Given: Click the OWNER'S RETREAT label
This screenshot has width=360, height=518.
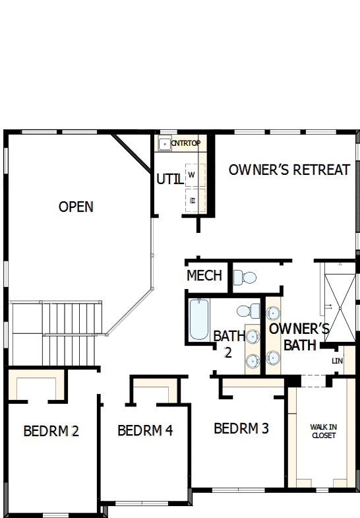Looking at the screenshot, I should (x=289, y=170).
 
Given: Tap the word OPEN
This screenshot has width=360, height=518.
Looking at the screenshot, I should (x=76, y=207).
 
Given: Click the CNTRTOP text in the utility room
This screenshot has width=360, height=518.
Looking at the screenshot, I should (x=185, y=143).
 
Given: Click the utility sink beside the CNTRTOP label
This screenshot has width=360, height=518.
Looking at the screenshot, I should (x=164, y=143).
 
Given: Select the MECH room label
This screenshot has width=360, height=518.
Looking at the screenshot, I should (x=204, y=275).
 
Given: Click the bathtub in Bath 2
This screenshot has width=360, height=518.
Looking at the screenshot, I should (x=198, y=319).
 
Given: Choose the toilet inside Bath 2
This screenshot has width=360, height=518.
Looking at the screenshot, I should (x=247, y=310).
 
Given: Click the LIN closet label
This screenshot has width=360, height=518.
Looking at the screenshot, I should (x=338, y=361).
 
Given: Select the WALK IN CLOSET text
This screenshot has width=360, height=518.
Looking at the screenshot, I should (x=323, y=432).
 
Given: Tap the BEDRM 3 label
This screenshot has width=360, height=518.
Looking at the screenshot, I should (x=241, y=428).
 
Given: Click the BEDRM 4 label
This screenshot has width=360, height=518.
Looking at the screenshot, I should (x=145, y=431).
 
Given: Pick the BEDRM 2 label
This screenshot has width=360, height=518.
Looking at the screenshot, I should (x=51, y=432).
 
